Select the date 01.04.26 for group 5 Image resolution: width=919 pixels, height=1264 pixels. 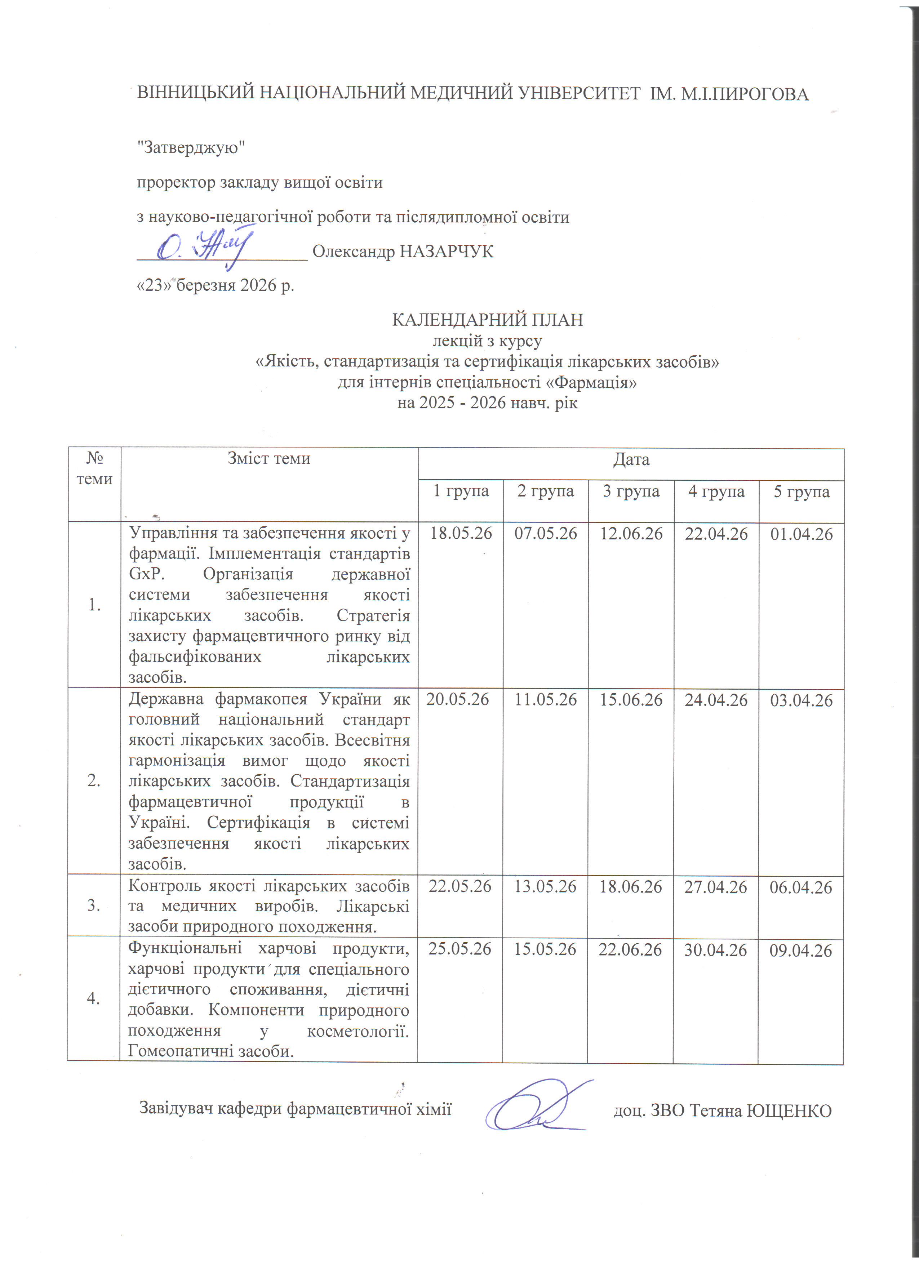click(802, 534)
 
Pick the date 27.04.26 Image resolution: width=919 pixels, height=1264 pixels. click(716, 887)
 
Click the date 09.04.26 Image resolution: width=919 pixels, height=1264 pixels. click(801, 950)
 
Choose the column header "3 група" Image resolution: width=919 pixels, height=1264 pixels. click(631, 491)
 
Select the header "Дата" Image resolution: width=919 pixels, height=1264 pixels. click(631, 460)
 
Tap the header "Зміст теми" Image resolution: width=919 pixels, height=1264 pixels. click(269, 458)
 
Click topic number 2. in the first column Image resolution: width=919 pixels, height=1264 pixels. click(94, 781)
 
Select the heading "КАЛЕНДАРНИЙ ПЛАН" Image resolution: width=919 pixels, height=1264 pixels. click(488, 320)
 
